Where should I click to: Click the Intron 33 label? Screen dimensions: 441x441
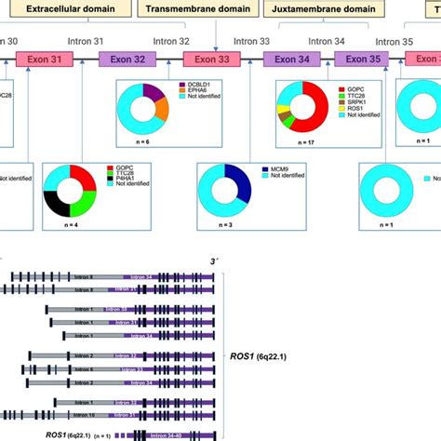(251, 41)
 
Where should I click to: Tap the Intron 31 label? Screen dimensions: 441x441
(86, 41)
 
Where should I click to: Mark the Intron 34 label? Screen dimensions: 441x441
(327, 41)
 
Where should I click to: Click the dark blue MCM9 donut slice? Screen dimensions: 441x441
(239, 181)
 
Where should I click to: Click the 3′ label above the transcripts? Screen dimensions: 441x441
(215, 264)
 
